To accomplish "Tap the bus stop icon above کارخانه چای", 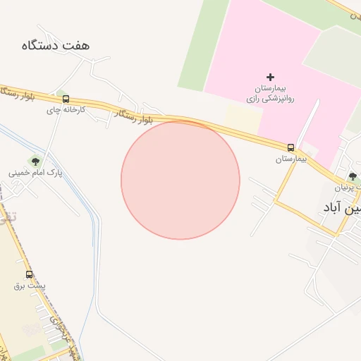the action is coord(66,99).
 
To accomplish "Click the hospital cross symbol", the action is coord(271,77).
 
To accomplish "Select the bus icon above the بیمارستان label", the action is coord(290,147).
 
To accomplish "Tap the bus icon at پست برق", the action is coord(29,275).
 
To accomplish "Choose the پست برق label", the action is coord(30,286).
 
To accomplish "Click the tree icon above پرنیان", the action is coord(353,176).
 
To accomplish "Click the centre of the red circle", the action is coord(180,180).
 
